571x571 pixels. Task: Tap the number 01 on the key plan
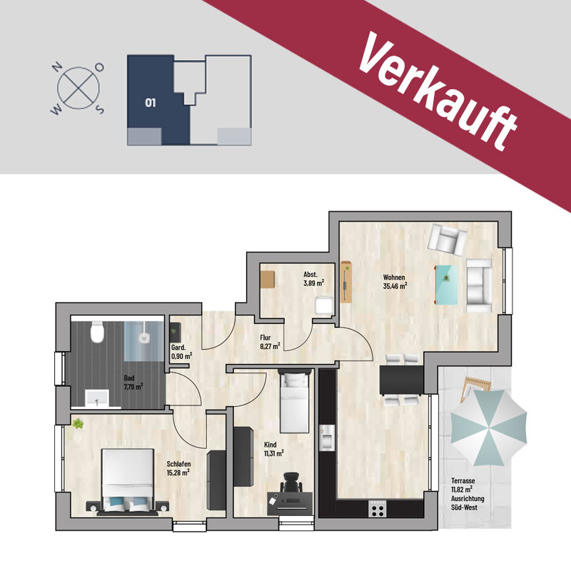coord(151,103)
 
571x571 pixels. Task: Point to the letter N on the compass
coord(56,67)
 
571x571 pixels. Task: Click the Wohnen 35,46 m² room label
coord(395,282)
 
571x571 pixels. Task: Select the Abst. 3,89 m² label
coord(313,278)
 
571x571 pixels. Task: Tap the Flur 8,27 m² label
coord(270,342)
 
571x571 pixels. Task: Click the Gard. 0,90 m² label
coord(182,352)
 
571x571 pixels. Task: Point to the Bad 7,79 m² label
coord(133,383)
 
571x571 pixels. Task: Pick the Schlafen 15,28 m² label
coord(178,468)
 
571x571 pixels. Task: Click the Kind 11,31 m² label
coord(274,449)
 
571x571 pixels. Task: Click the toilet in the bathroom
coord(97,331)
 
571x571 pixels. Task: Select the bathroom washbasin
coord(97,398)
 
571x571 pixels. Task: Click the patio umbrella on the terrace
coord(489,428)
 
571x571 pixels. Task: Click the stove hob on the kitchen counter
coord(378,508)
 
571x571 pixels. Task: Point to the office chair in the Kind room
coord(291,483)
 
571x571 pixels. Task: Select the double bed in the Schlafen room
coord(128,481)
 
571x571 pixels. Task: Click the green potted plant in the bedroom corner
coord(78,424)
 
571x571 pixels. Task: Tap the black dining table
coord(401,380)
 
